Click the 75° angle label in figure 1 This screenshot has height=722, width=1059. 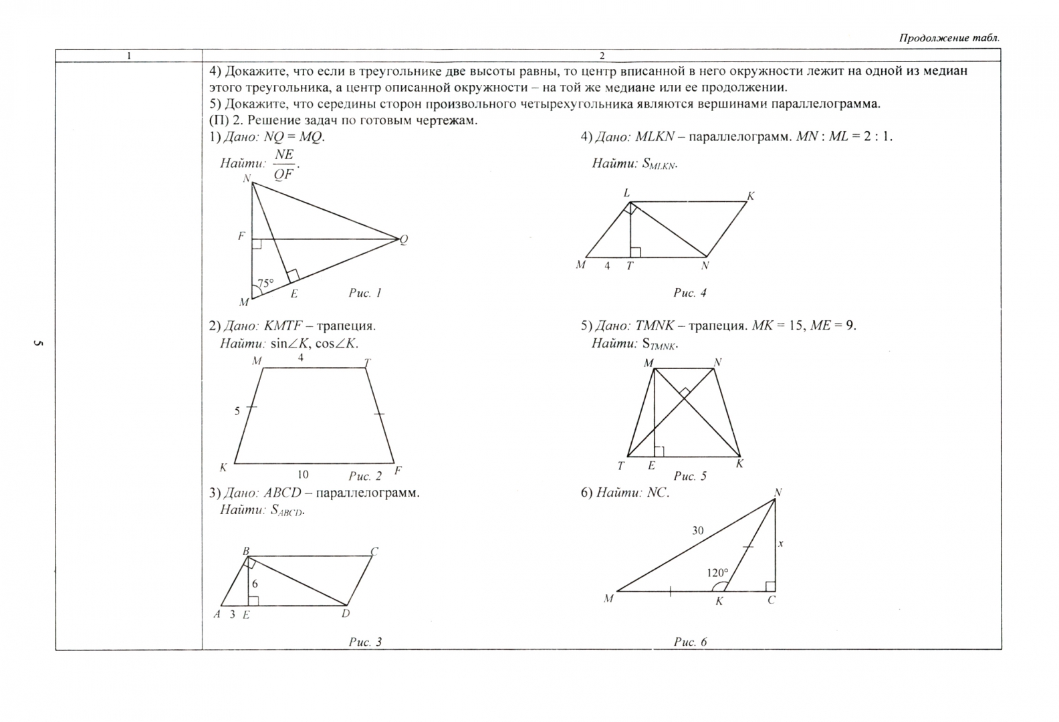(265, 283)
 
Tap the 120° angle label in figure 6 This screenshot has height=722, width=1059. (717, 573)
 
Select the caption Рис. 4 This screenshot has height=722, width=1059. (690, 293)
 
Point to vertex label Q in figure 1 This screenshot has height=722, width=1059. (404, 240)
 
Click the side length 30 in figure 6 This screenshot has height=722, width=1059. (697, 530)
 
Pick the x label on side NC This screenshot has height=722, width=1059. (780, 544)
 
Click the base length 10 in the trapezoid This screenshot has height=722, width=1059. (303, 475)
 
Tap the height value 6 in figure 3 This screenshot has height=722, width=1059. (255, 584)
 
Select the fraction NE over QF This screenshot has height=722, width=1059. (284, 164)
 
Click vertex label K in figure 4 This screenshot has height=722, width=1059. (751, 196)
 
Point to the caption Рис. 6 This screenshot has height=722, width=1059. (690, 642)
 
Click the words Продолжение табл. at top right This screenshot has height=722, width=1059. (949, 38)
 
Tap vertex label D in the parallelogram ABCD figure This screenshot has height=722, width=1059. (346, 614)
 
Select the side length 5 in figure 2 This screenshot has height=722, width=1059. (237, 410)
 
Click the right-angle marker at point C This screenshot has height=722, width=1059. (770, 586)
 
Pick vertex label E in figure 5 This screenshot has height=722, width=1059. (651, 466)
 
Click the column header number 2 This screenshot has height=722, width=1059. (602, 56)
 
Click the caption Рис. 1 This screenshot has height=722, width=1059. (365, 293)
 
